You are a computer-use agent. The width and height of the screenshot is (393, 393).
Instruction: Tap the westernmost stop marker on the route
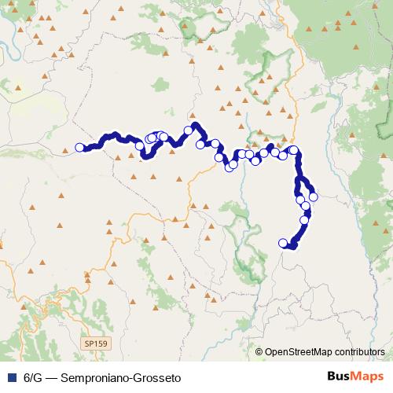pyautogui.click(x=79, y=147)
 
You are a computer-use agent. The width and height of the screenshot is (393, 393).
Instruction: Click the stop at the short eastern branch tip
pyautogui.click(x=314, y=197)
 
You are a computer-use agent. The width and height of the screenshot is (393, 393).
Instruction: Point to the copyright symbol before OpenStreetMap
pyautogui.click(x=259, y=352)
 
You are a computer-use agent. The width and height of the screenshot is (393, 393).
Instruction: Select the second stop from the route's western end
pyautogui.click(x=138, y=145)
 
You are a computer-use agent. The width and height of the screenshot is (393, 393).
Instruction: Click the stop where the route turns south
pyautogui.click(x=294, y=150)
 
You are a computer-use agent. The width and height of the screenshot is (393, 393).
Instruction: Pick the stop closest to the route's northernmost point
pyautogui.click(x=189, y=130)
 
